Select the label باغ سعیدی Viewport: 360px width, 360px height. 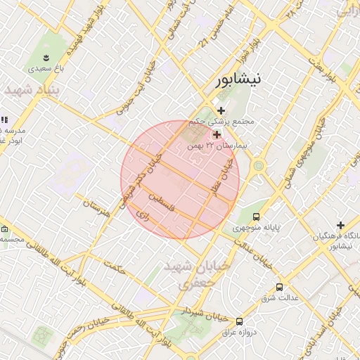46,69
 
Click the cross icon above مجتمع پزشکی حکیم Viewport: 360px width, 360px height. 221,110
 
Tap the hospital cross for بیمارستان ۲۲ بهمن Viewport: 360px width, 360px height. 217,134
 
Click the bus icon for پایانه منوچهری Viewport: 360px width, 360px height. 255,217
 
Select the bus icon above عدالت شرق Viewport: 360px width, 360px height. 280,287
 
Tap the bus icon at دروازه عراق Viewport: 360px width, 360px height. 240,321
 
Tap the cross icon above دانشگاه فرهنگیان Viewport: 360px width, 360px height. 341,225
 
